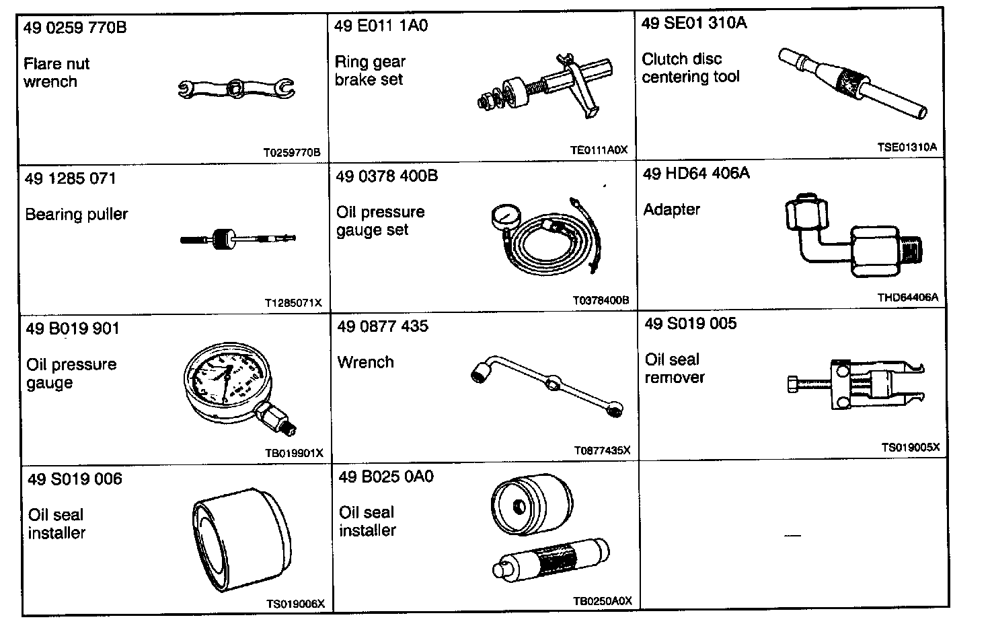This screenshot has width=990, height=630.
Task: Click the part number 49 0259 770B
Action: click(75, 28)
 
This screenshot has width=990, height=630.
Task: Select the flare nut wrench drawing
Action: click(237, 88)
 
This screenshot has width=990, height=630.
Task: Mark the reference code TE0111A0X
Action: click(598, 150)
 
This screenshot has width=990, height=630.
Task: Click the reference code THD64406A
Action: click(907, 297)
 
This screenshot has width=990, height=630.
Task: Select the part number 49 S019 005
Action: click(690, 324)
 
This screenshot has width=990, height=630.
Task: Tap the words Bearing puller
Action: click(77, 215)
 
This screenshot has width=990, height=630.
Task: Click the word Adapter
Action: click(671, 209)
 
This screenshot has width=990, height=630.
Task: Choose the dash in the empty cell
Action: click(793, 536)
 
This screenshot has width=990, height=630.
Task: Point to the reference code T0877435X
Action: click(602, 450)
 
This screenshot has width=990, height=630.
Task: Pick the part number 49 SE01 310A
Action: click(694, 24)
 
